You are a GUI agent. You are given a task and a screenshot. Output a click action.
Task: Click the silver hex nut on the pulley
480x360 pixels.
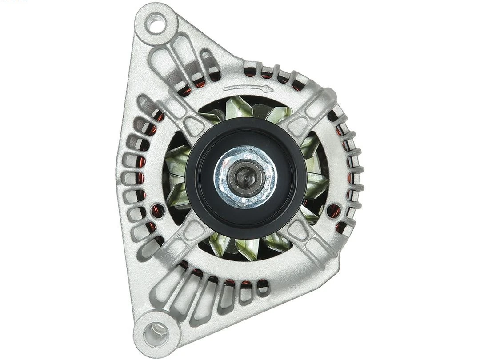[245, 176]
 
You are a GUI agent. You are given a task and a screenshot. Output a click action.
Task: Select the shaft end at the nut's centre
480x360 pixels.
[244, 177]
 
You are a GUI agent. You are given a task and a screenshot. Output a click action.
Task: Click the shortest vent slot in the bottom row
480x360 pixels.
[263, 287]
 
